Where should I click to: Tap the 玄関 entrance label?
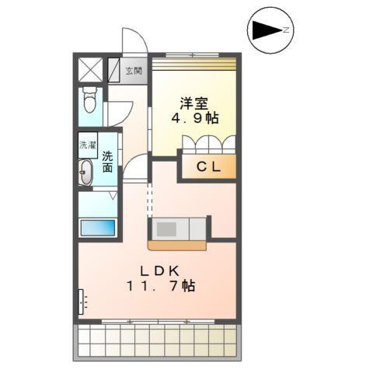[134, 71]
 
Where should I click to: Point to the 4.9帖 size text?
[194, 118]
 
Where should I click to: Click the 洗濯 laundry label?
[87, 145]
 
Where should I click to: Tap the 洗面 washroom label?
[107, 160]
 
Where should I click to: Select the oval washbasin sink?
[85, 173]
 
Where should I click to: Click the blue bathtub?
[97, 228]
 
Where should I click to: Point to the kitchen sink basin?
[166, 228]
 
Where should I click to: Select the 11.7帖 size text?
[162, 287]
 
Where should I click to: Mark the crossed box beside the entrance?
[89, 71]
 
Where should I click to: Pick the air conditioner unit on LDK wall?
[80, 302]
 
